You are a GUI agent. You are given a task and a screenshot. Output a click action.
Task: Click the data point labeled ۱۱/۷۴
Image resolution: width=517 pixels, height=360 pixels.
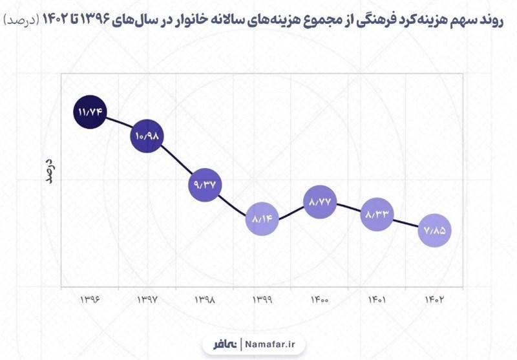pos(90,112)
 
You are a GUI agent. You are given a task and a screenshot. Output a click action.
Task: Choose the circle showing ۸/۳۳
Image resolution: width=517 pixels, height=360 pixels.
pos(377,213)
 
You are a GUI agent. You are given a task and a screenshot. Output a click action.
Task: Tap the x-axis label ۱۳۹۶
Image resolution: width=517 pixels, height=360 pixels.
pos(90,300)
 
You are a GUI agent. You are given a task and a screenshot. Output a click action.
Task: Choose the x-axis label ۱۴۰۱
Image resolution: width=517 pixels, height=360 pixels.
pos(377,300)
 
